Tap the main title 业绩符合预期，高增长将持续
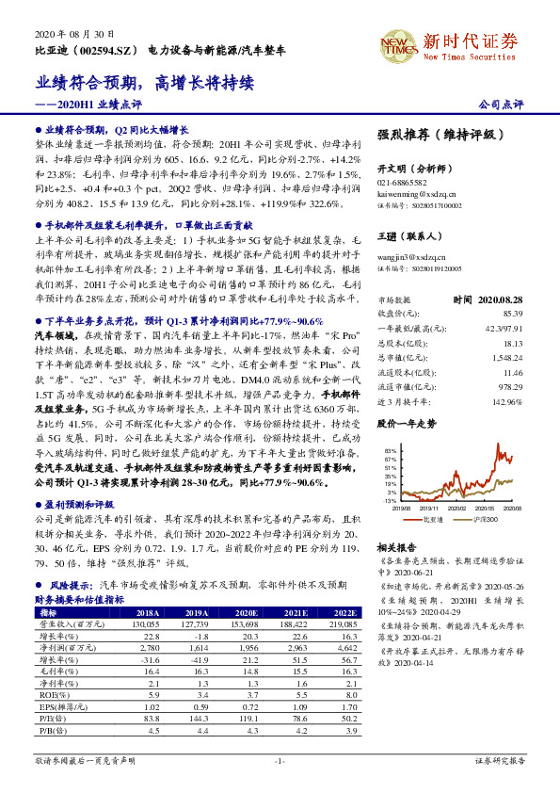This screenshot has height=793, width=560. tap(146, 84)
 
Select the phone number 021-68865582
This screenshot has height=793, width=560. tap(402, 182)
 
